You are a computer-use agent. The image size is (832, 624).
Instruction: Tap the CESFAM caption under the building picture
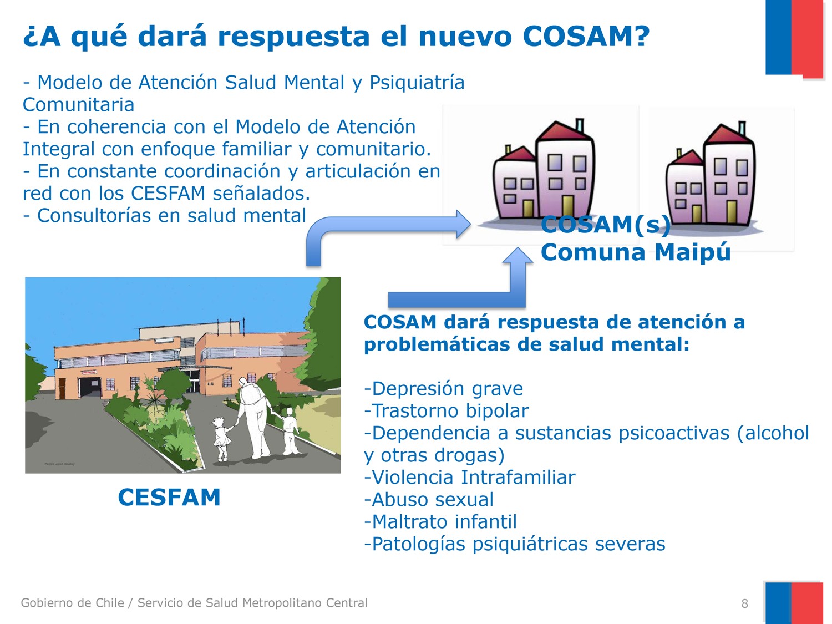[169, 498]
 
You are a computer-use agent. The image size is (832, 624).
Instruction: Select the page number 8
[744, 604]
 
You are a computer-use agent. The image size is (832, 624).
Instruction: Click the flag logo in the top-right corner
[794, 39]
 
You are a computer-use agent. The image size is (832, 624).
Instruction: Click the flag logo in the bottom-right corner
[793, 603]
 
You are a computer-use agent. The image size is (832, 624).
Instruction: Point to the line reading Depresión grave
[443, 389]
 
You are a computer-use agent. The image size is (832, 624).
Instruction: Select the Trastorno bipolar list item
[446, 411]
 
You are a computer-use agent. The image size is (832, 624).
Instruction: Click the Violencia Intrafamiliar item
[469, 478]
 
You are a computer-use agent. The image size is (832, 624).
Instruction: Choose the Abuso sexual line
[428, 500]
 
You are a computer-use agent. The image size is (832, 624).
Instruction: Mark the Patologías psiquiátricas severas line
[514, 544]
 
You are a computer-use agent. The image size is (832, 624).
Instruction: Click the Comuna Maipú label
[636, 252]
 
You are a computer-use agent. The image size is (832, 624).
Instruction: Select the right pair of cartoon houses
[713, 177]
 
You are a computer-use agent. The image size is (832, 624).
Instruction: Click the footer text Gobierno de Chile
[72, 603]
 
